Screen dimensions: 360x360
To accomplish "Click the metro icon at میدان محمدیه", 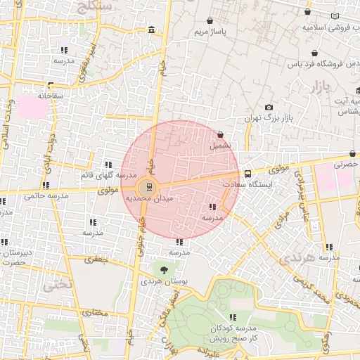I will click(147, 187).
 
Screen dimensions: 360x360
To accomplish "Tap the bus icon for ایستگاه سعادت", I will click(247, 174).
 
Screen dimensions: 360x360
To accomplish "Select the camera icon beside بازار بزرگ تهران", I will click(269, 107).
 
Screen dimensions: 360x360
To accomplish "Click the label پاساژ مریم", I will click(212, 32).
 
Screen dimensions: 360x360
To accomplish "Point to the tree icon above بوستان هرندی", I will click(164, 269).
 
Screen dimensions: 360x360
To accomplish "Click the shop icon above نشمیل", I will click(221, 134).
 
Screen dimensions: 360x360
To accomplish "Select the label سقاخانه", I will click(51, 95).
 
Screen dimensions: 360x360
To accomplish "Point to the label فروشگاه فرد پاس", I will click(315, 63).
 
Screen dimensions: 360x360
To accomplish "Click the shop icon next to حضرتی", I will click(353, 153).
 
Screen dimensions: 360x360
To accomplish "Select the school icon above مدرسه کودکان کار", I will click(233, 318).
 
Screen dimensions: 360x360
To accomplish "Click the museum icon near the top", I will click(153, 30).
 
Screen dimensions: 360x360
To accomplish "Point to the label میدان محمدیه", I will click(144, 199).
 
